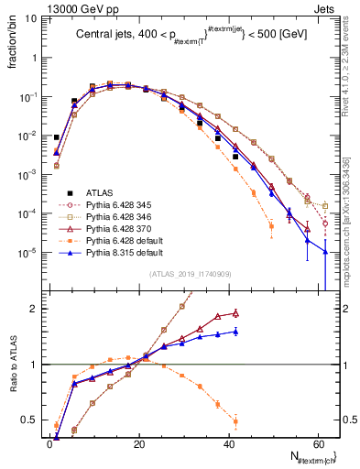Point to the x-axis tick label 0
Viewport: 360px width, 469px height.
click(x=50, y=445)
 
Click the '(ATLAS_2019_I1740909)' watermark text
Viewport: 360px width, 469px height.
click(x=191, y=274)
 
